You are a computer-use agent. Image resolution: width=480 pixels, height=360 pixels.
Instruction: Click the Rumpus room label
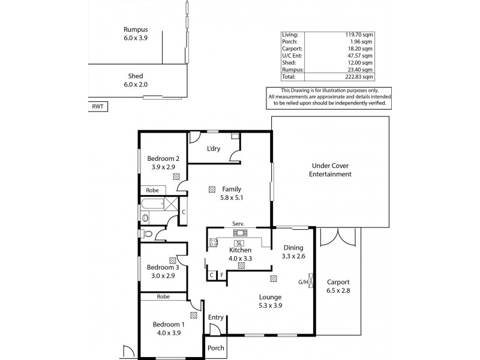click(x=136, y=29)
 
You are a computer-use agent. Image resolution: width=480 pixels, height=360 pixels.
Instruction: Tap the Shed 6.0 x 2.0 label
click(x=135, y=76)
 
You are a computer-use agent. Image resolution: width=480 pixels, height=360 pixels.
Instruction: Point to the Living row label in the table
click(x=290, y=35)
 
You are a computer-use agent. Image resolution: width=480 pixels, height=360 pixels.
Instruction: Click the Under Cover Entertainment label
click(x=330, y=170)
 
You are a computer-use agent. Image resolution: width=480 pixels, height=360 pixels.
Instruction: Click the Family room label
click(x=231, y=188)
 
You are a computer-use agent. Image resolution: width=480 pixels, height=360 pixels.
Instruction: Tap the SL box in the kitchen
click(x=239, y=242)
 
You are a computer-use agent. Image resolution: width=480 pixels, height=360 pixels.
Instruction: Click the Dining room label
click(x=293, y=248)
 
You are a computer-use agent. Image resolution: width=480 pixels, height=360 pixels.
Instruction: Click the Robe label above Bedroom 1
click(x=163, y=296)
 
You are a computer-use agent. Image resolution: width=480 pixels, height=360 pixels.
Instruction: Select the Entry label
click(x=215, y=317)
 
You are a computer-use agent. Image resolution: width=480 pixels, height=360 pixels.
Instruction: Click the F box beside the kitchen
click(x=222, y=275)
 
